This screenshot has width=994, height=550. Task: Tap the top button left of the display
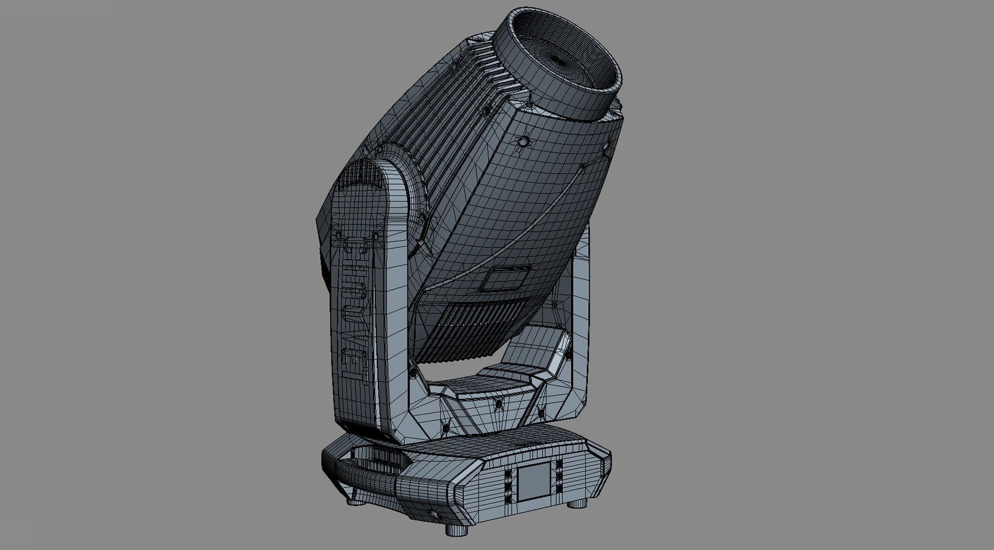tap(508, 475)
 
